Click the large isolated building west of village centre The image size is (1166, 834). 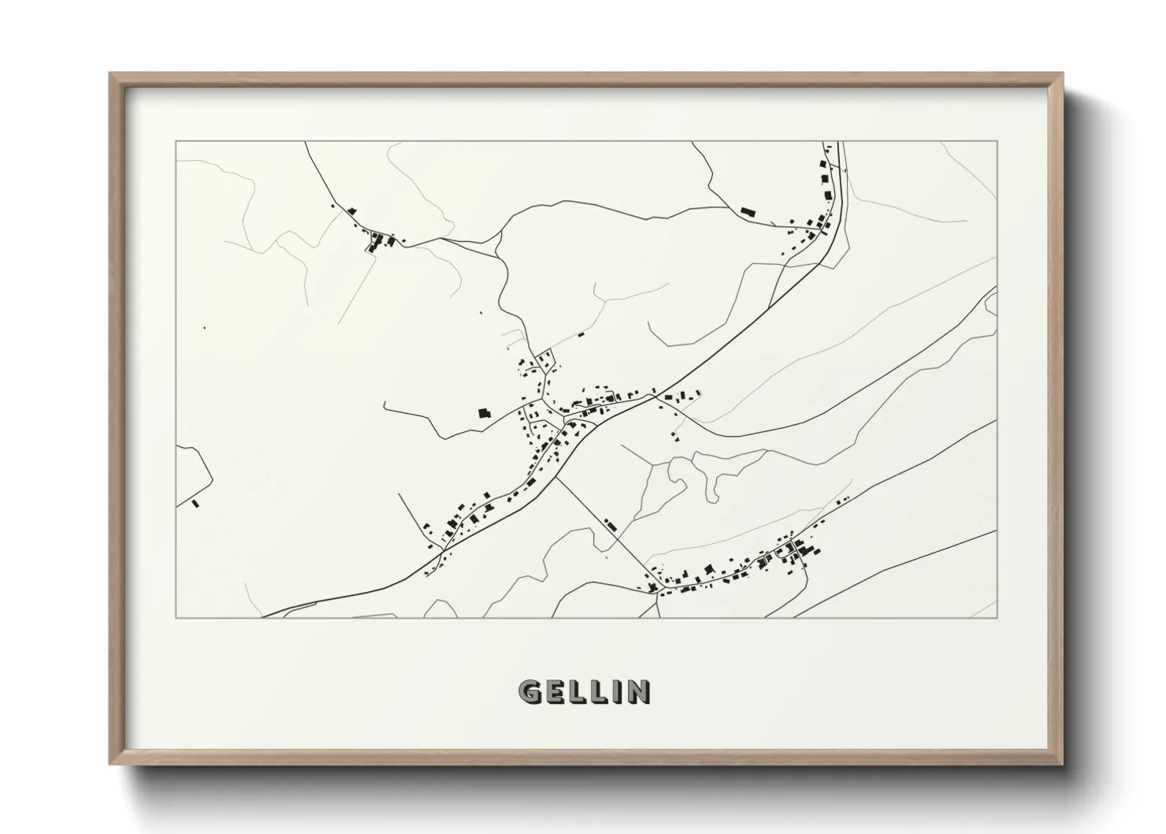point(484,412)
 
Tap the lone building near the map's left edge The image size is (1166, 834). point(195,501)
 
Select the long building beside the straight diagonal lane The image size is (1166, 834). point(610,523)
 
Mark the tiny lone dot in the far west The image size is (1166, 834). point(204,327)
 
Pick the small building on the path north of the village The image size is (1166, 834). point(581,335)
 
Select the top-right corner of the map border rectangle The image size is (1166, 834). point(997,141)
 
